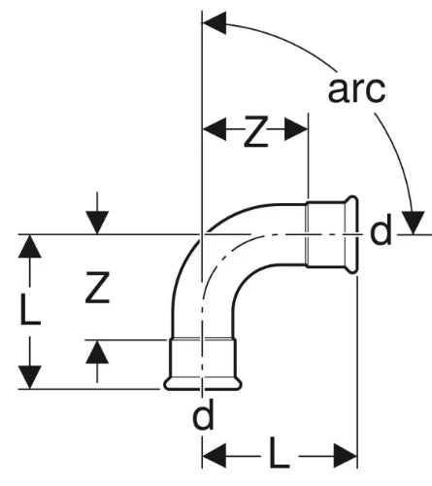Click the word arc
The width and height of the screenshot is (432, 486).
[x=356, y=89]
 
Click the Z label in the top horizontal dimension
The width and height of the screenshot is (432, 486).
[x=255, y=131]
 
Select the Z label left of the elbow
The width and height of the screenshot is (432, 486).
[x=97, y=288]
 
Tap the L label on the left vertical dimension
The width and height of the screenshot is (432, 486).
[x=30, y=307]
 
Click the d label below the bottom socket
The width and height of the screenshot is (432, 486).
[x=203, y=414]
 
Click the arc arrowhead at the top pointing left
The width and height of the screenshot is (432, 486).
[x=214, y=23]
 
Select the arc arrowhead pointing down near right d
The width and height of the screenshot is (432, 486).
[x=413, y=223]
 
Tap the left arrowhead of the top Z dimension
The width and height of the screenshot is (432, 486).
[x=214, y=129]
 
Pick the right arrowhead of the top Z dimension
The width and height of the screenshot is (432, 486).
[x=296, y=129]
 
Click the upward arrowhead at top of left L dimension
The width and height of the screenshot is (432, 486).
[x=30, y=246]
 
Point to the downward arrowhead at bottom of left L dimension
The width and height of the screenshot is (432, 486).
[x=30, y=377]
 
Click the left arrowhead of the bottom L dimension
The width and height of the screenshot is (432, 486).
[x=214, y=456]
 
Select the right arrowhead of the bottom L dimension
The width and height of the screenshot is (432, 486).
[x=346, y=456]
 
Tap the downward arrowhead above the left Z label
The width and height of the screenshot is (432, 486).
[x=97, y=223]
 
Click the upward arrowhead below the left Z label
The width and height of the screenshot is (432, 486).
[x=97, y=352]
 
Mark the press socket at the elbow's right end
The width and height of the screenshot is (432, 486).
[x=332, y=234]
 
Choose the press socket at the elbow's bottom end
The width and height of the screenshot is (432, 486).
[x=203, y=364]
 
